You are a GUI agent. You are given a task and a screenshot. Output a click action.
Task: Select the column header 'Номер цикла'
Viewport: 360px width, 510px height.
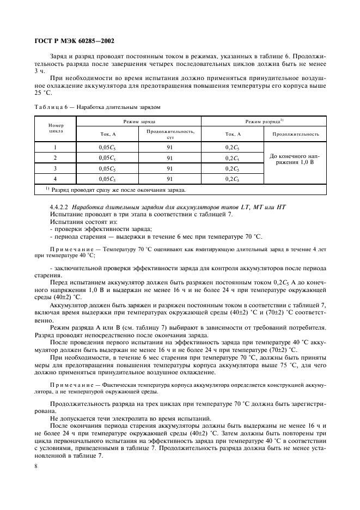56,128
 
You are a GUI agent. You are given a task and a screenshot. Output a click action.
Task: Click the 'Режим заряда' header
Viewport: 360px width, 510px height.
139,121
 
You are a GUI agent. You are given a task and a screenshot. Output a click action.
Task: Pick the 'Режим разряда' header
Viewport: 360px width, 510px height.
264,121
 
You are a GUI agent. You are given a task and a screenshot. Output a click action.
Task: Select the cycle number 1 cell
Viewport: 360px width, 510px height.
56,147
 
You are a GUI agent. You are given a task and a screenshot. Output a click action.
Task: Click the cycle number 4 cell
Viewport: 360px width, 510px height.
56,179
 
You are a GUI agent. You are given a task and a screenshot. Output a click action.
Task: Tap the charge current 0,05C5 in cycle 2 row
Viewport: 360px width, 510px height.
107,158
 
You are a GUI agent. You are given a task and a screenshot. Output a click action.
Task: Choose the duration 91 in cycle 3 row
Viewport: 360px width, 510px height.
170,168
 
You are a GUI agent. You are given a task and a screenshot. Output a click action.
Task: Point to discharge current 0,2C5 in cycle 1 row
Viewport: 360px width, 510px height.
232,147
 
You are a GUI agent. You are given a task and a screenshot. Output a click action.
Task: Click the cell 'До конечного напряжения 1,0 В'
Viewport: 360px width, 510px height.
295,159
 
